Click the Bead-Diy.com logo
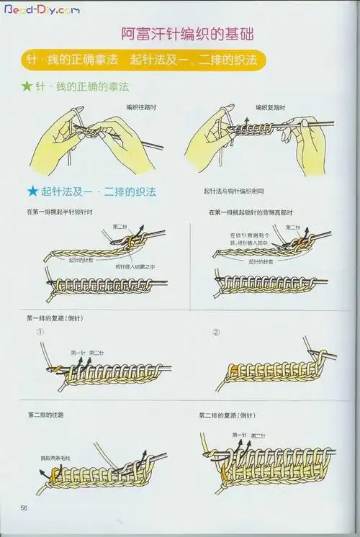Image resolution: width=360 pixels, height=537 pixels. click(42, 11)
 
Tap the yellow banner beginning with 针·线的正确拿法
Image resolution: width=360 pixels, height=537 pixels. click(140, 59)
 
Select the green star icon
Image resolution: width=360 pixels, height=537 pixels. click(27, 87)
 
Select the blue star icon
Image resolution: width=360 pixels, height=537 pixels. click(32, 192)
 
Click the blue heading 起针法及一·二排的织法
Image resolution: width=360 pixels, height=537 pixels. click(99, 192)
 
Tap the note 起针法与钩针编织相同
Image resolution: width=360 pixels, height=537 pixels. click(234, 192)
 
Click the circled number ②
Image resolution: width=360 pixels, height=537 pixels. click(216, 333)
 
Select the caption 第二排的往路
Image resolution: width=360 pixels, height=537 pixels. click(46, 415)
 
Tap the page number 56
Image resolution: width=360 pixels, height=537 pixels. click(24, 508)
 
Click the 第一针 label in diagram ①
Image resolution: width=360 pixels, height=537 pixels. click(78, 353)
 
